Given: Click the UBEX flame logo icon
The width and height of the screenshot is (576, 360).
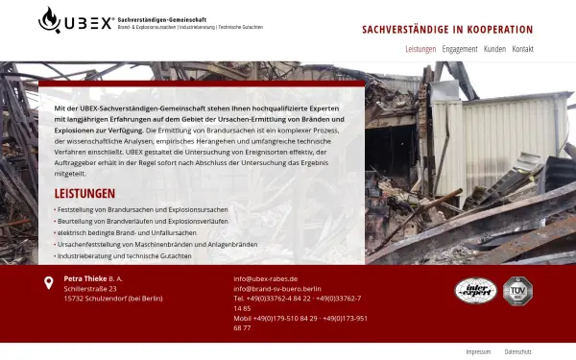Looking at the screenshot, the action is tap(49, 18).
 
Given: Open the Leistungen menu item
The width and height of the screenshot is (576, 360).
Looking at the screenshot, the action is tap(420, 48).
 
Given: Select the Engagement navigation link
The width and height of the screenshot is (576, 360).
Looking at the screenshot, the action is tap(460, 48).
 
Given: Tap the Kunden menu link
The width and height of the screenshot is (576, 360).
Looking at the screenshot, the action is tap(494, 48).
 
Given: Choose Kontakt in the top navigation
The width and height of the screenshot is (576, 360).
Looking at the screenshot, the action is tap(523, 48).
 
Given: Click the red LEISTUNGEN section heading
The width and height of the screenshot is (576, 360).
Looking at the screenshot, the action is tap(85, 193).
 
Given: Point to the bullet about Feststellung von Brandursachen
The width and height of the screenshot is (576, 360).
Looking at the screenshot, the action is tap(142, 208).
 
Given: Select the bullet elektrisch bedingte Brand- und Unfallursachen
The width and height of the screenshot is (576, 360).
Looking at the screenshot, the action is tap(127, 232).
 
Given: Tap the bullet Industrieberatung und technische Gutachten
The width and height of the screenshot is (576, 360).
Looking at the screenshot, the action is tap(125, 256).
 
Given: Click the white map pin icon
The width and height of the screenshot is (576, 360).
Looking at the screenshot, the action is tap(49, 282).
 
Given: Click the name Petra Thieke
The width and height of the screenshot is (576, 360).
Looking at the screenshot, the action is tap(84, 278).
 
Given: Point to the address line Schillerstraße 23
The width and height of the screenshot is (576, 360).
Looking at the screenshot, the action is tap(90, 288).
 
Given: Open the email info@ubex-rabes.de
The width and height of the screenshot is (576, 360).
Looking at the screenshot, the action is tap(265, 278).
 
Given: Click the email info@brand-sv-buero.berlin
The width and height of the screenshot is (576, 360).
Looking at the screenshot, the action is tap(277, 288).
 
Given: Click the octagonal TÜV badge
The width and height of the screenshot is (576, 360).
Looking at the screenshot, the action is tap(517, 290).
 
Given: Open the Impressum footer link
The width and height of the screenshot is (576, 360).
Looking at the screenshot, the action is tap(478, 351).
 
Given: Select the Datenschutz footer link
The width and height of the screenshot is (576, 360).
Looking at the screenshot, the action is tap(517, 351).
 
